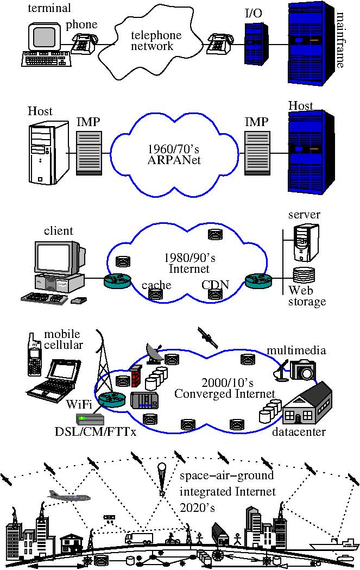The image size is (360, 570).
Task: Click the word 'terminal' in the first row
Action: [x=49, y=8]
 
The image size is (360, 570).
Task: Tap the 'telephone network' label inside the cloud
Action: [x=156, y=40]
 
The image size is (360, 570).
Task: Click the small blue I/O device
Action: [x=256, y=43]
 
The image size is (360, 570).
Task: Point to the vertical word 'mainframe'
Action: [x=340, y=40]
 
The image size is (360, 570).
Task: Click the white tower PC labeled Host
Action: [x=49, y=153]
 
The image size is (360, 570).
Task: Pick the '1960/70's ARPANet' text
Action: [x=174, y=154]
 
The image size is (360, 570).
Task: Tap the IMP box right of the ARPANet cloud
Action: [x=257, y=153]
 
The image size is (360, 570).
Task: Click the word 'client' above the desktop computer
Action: [x=59, y=231]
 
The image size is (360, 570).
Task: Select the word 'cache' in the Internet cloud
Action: [x=156, y=285]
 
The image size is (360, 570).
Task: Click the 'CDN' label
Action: [x=216, y=284]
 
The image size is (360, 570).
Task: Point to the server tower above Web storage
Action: [x=306, y=242]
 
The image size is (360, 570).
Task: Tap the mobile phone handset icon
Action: [x=35, y=354]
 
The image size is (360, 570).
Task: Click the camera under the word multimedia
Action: [x=303, y=369]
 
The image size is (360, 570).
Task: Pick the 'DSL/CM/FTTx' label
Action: [x=96, y=432]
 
